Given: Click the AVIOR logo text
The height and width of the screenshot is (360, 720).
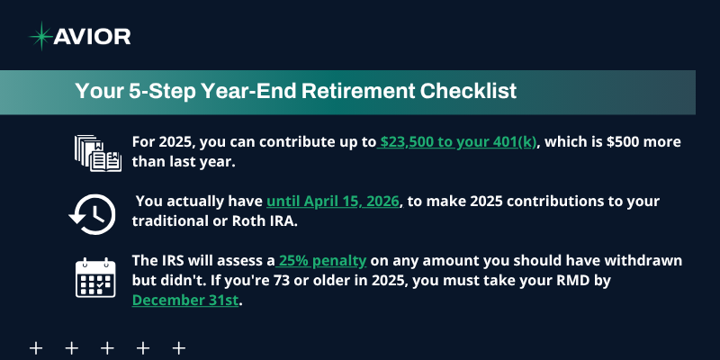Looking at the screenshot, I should click(x=93, y=36).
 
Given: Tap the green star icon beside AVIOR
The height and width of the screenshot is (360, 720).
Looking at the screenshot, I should click(x=40, y=36).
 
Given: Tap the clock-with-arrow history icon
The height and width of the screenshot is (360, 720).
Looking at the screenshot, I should click(x=91, y=213).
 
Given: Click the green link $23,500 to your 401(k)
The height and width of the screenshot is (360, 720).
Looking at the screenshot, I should click(x=458, y=142).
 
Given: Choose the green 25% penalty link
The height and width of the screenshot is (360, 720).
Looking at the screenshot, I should click(x=322, y=260).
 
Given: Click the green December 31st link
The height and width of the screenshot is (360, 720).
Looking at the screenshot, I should click(x=186, y=301).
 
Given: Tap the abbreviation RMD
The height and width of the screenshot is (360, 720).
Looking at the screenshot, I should click(x=598, y=281).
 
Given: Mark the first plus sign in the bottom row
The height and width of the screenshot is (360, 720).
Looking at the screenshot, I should click(x=37, y=347).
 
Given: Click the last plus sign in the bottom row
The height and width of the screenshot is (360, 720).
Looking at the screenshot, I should click(x=178, y=347).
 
